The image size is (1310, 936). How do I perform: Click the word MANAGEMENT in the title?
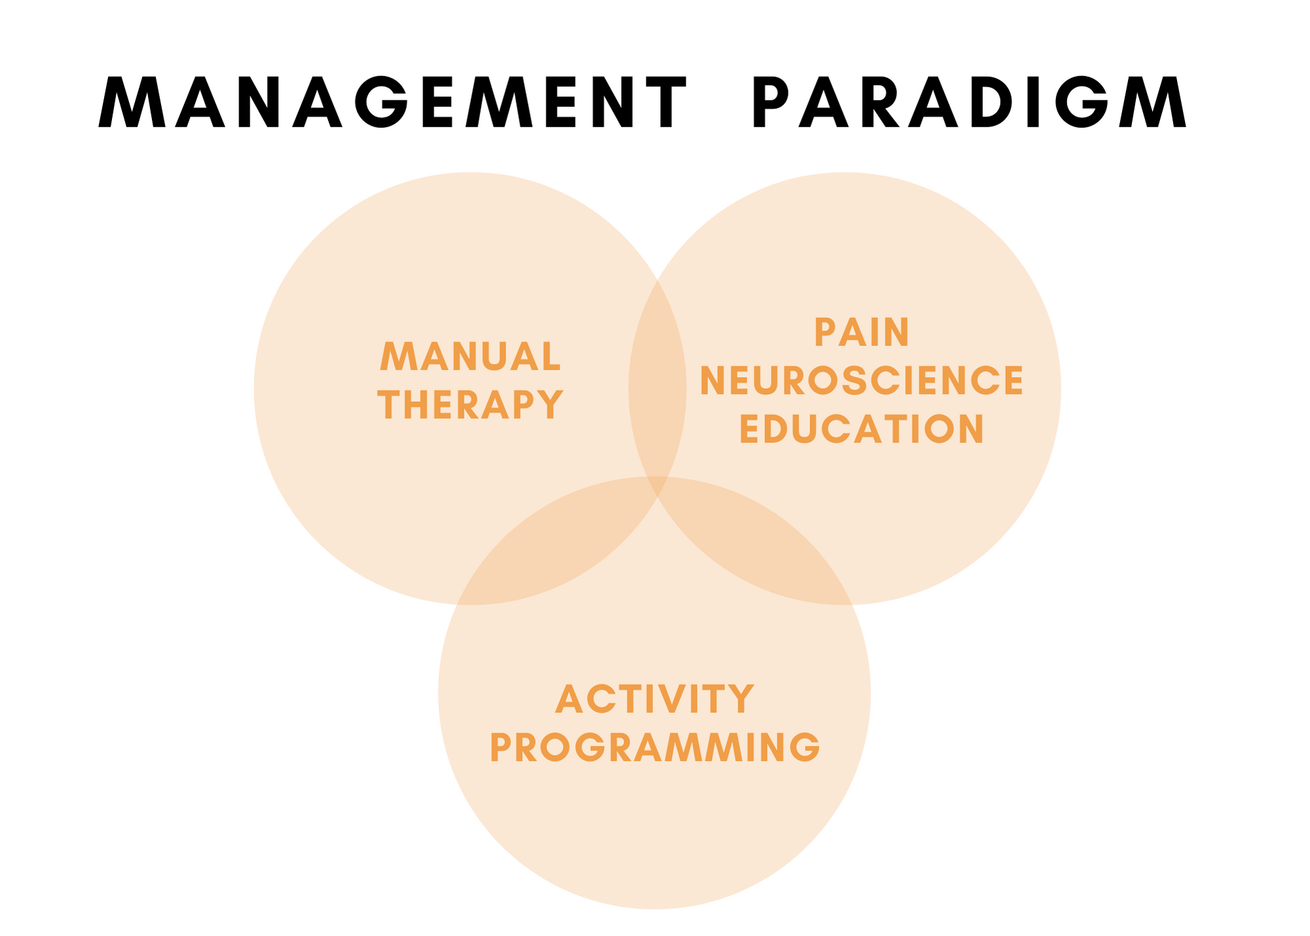coord(392,102)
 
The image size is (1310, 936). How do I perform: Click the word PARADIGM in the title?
coord(970,102)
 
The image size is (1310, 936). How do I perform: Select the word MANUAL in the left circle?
coord(470,357)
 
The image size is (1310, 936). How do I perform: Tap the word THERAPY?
coord(471,404)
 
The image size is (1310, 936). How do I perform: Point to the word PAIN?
coord(861,332)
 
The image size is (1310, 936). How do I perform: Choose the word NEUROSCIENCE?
coord(861,381)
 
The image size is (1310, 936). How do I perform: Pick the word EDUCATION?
coord(861,429)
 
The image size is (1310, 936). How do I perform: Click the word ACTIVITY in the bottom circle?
coord(655,699)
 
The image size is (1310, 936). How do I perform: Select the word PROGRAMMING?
coord(655,747)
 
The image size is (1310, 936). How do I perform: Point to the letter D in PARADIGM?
coord(994,103)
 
